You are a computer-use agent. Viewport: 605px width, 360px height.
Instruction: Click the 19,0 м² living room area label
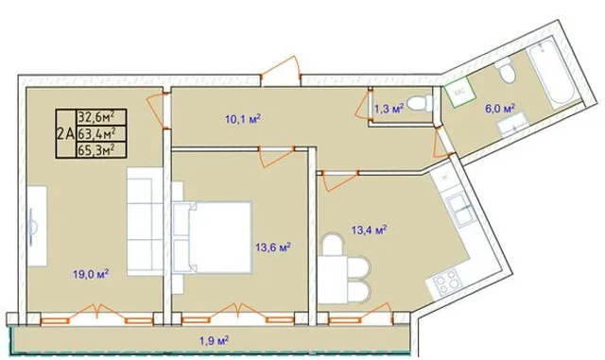pyautogui.click(x=91, y=274)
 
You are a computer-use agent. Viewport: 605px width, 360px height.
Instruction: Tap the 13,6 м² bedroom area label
pyautogui.click(x=273, y=247)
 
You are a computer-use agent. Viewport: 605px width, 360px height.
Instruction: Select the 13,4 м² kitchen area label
pyautogui.click(x=370, y=230)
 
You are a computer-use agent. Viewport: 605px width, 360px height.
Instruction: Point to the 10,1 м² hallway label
pyautogui.click(x=243, y=119)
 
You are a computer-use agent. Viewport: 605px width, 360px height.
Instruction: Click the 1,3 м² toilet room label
pyautogui.click(x=389, y=109)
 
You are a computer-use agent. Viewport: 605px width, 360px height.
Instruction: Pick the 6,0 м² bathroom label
pyautogui.click(x=500, y=109)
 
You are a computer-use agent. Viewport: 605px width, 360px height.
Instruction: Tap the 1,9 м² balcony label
pyautogui.click(x=215, y=341)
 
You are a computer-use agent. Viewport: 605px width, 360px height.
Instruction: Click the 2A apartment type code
pyautogui.click(x=65, y=134)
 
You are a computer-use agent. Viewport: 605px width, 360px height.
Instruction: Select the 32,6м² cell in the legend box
pyautogui.click(x=101, y=116)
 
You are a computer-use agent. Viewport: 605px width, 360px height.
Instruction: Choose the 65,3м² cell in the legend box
pyautogui.click(x=101, y=149)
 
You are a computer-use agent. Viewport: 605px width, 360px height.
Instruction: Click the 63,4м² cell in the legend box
pyautogui.click(x=101, y=133)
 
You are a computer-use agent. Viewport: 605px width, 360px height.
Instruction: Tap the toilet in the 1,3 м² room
pyautogui.click(x=420, y=103)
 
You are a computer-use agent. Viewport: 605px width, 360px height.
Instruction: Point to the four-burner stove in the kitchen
pyautogui.click(x=446, y=282)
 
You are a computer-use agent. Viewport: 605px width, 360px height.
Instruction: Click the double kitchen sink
pyautogui.click(x=460, y=211)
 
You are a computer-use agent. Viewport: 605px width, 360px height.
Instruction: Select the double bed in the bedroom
pyautogui.click(x=213, y=237)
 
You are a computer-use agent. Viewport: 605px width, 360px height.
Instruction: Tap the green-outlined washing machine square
pyautogui.click(x=458, y=92)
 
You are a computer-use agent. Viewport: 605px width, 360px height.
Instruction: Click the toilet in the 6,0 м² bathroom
pyautogui.click(x=506, y=71)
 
